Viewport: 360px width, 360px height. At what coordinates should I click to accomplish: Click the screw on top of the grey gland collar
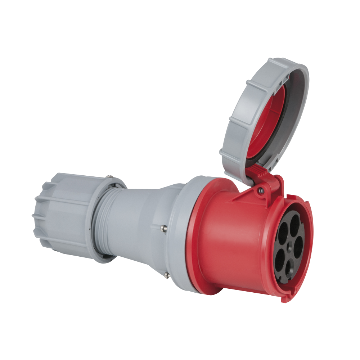pyautogui.click(x=108, y=177)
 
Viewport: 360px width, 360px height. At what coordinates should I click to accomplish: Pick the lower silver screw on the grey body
pyautogui.click(x=166, y=275)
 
